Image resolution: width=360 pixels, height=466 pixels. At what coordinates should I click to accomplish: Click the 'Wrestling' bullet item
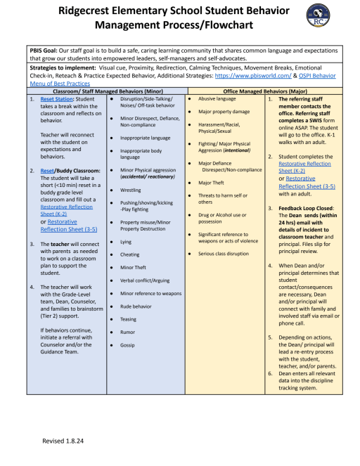pyautogui.click(x=131, y=190)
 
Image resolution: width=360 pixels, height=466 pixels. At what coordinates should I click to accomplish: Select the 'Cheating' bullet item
pyautogui.click(x=130, y=254)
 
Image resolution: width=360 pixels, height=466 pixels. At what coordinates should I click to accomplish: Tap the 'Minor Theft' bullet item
pyautogui.click(x=134, y=267)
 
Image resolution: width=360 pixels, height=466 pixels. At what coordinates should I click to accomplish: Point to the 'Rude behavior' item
pyautogui.click(x=136, y=306)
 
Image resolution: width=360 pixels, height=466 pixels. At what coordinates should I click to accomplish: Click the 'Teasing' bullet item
pyautogui.click(x=129, y=319)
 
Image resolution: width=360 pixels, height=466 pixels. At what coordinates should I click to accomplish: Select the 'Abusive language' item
pyautogui.click(x=217, y=99)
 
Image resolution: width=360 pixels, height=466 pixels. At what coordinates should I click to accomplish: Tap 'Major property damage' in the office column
pyautogui.click(x=224, y=112)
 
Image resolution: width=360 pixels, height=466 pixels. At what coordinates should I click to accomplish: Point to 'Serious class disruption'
pyautogui.click(x=224, y=253)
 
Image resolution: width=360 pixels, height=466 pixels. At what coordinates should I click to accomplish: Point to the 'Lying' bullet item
pyautogui.click(x=126, y=241)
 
